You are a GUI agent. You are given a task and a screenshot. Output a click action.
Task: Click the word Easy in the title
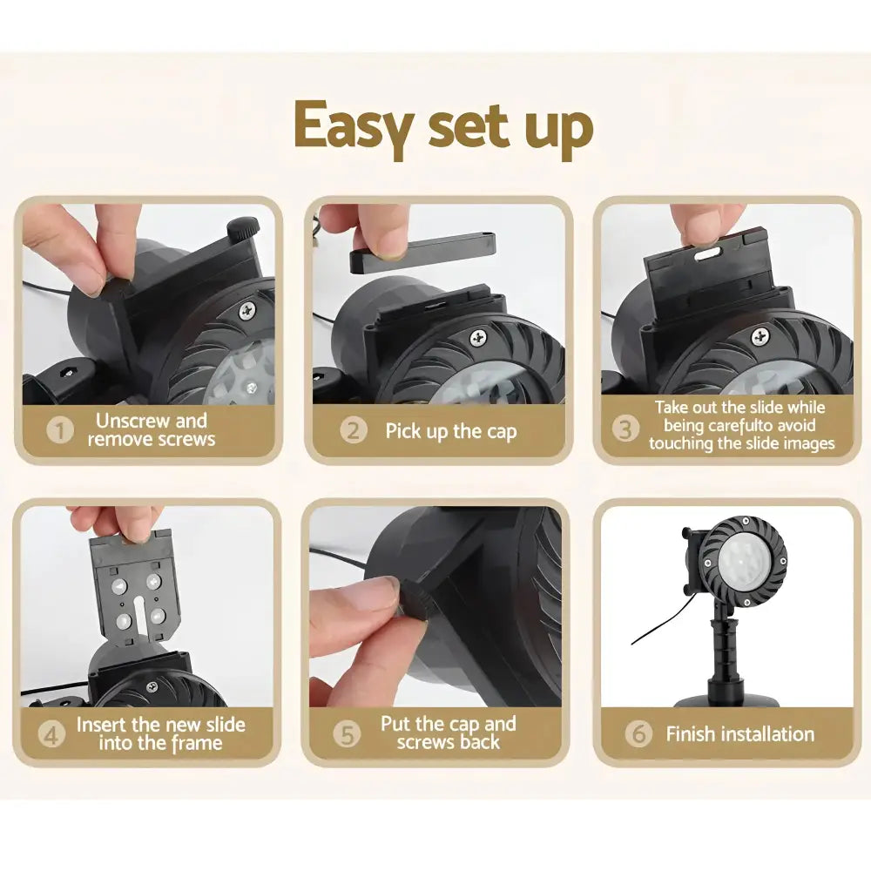354,127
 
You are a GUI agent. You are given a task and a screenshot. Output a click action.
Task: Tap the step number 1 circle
60,430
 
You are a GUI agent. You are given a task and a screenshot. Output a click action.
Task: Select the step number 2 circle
354,430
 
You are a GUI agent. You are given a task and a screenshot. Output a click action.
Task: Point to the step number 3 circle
625,429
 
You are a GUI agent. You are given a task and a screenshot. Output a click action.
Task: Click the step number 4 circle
51,734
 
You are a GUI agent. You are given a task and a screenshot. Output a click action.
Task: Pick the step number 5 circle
347,734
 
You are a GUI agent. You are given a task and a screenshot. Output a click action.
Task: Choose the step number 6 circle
638,733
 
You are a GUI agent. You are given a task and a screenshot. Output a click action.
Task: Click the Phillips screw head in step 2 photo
477,337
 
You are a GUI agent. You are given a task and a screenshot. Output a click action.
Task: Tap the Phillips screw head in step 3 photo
760,336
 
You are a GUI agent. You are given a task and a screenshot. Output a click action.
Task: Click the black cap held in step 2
422,253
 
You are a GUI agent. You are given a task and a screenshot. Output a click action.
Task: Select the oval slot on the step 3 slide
706,253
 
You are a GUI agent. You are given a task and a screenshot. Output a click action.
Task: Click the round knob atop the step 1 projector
242,227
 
